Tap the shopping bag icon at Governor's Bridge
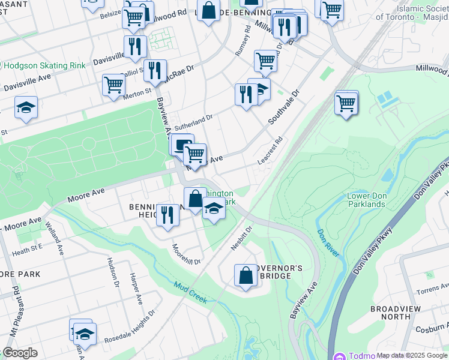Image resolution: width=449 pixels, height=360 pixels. (x=246, y=276)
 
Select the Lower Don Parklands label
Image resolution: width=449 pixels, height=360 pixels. (x=366, y=200)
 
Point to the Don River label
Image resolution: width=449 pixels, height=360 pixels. (x=328, y=243)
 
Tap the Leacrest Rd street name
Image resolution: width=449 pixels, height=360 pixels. (x=270, y=152)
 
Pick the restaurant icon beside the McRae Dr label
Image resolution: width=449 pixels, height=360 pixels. (x=155, y=71)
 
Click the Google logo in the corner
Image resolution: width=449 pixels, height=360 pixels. (x=20, y=353)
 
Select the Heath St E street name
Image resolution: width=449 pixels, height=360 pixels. (x=27, y=249)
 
